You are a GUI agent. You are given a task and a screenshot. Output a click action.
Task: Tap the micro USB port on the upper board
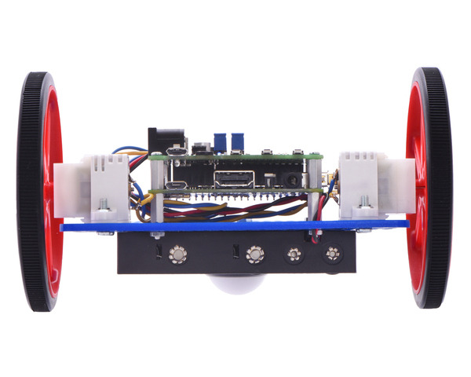point(178,152)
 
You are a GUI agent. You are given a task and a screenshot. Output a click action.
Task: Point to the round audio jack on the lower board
point(292,181)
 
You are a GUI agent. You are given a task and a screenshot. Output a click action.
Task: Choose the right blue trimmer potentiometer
point(236,140)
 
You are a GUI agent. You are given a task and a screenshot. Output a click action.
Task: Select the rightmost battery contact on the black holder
point(332,254)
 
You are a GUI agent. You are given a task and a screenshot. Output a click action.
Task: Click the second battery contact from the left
point(254,254)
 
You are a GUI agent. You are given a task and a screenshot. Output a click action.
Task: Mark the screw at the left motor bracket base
point(102,212)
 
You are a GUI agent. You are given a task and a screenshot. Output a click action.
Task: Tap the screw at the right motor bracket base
point(363,210)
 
